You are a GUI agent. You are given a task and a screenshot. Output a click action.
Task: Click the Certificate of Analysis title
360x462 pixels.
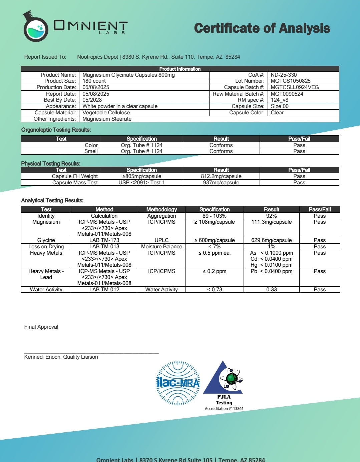[x=262, y=28]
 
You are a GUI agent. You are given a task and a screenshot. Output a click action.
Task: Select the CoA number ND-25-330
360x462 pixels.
[x=284, y=75]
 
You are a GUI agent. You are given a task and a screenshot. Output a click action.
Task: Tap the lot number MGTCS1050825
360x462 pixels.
[x=290, y=81]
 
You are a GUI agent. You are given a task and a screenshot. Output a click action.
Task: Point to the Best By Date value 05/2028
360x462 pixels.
[x=92, y=100]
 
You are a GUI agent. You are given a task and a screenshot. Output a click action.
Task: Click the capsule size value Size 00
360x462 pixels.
[x=280, y=106]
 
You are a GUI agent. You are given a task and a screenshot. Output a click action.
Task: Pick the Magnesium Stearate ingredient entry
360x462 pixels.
[x=107, y=119]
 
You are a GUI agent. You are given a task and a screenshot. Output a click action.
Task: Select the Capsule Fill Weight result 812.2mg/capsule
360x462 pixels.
[x=221, y=176]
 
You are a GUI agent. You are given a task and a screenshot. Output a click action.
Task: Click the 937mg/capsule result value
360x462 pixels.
[x=221, y=182]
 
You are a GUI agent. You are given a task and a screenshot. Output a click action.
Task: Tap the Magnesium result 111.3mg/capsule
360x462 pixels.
[x=271, y=222]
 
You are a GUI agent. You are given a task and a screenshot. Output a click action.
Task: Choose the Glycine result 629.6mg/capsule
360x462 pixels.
[x=271, y=240]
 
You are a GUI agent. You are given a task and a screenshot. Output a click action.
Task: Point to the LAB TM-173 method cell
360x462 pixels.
[x=104, y=240]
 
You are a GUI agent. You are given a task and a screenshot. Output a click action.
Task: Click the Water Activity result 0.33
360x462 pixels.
[x=271, y=289]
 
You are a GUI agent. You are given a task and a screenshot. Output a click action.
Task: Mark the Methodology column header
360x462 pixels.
[x=161, y=209]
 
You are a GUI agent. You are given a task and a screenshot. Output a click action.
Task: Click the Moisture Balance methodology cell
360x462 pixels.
[x=161, y=246]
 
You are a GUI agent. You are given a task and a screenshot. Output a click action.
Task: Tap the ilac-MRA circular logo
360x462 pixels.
[x=178, y=383]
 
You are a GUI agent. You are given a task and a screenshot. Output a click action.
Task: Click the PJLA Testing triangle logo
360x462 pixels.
[x=224, y=380]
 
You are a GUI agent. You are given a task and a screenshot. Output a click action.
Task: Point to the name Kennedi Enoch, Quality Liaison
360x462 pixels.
[x=61, y=357]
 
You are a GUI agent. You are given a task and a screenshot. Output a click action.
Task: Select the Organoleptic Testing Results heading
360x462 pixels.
[x=56, y=130]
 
